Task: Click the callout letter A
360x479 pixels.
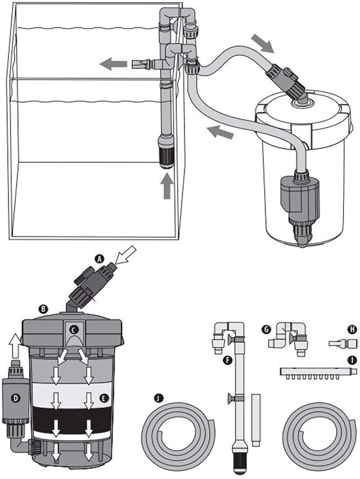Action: pyautogui.click(x=98, y=259)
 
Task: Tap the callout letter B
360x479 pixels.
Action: pyautogui.click(x=43, y=309)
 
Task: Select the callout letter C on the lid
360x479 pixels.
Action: pyautogui.click(x=74, y=330)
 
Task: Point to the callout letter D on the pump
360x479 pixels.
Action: pyautogui.click(x=15, y=398)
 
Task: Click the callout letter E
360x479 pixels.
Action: pyautogui.click(x=104, y=398)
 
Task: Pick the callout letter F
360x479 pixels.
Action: pyautogui.click(x=227, y=361)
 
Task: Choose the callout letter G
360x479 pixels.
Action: pyautogui.click(x=267, y=329)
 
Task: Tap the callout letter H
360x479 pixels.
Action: pyautogui.click(x=352, y=329)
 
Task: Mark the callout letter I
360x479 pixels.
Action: pyautogui.click(x=352, y=360)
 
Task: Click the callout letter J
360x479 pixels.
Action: pyautogui.click(x=159, y=398)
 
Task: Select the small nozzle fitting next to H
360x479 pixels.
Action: pyautogui.click(x=342, y=343)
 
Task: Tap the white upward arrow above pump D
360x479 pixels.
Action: pyautogui.click(x=15, y=346)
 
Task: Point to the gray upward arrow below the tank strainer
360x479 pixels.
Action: pyautogui.click(x=167, y=186)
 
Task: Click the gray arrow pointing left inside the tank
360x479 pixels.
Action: pyautogui.click(x=113, y=64)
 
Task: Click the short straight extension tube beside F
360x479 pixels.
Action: pyautogui.click(x=256, y=420)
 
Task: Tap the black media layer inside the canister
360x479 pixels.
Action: pyautogui.click(x=72, y=419)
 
